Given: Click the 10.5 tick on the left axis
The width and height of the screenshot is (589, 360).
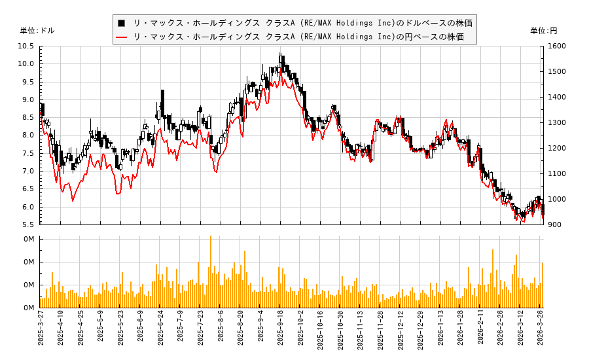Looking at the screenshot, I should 26,46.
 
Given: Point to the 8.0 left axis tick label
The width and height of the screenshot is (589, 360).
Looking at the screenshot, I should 26,135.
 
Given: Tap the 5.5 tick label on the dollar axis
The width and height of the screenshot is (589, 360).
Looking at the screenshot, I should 26,225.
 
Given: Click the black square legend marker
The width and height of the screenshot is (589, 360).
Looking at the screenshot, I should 121,23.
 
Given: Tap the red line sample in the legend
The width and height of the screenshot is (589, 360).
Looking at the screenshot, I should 121,37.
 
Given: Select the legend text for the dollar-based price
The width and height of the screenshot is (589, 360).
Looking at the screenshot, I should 302,23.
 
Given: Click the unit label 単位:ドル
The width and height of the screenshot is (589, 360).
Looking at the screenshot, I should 37,31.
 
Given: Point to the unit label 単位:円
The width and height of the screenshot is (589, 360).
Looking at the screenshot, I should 544,31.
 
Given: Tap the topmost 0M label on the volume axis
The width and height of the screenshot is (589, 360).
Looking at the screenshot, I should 29,239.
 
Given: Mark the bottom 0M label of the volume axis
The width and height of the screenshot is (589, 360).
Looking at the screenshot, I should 29,308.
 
